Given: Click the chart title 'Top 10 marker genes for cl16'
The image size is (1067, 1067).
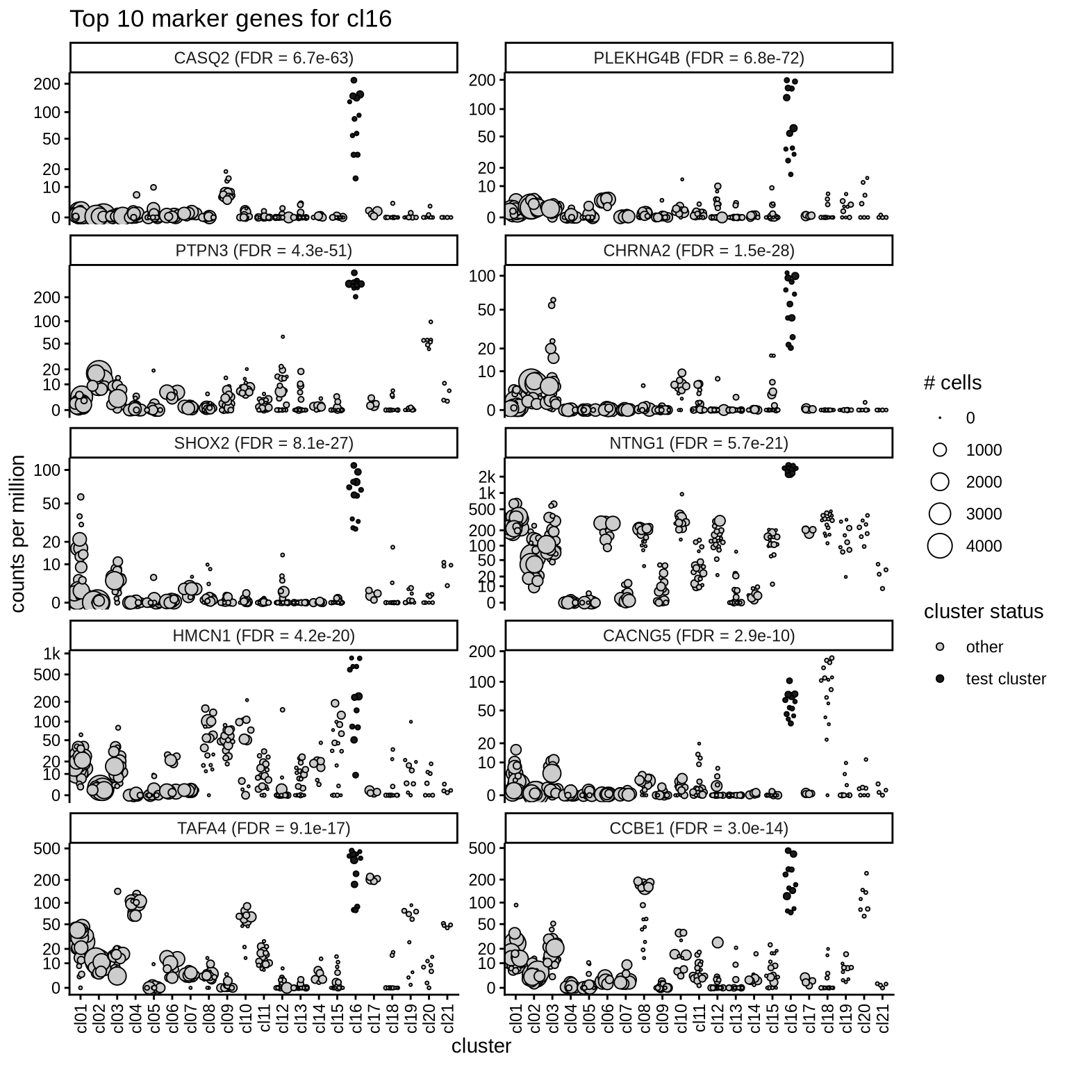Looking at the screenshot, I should pyautogui.click(x=230, y=19).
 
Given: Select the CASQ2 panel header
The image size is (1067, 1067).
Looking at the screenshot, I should pyautogui.click(x=263, y=58).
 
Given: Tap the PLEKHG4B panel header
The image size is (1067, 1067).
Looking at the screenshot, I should pyautogui.click(x=698, y=58).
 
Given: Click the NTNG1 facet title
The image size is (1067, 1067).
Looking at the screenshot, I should pyautogui.click(x=698, y=443).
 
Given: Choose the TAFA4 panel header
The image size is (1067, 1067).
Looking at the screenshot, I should pyautogui.click(x=263, y=828).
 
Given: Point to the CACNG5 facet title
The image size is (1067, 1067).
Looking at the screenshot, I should pyautogui.click(x=698, y=636).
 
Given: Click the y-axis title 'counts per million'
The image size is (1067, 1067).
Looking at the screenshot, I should pyautogui.click(x=19, y=533).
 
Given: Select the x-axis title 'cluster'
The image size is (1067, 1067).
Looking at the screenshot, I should pyautogui.click(x=481, y=1046).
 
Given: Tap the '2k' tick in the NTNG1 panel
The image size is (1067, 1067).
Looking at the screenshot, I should pyautogui.click(x=487, y=477).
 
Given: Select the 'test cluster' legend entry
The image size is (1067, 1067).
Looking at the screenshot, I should pyautogui.click(x=1005, y=679).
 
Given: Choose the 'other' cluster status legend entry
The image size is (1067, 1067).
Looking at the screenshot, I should pyautogui.click(x=984, y=647).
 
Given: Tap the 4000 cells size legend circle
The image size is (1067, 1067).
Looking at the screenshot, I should pyautogui.click(x=940, y=546).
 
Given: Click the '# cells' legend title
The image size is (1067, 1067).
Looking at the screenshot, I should pyautogui.click(x=952, y=383).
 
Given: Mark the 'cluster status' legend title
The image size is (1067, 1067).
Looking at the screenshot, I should pyautogui.click(x=983, y=611).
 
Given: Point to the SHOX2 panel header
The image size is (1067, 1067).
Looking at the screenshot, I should pyautogui.click(x=263, y=443).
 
